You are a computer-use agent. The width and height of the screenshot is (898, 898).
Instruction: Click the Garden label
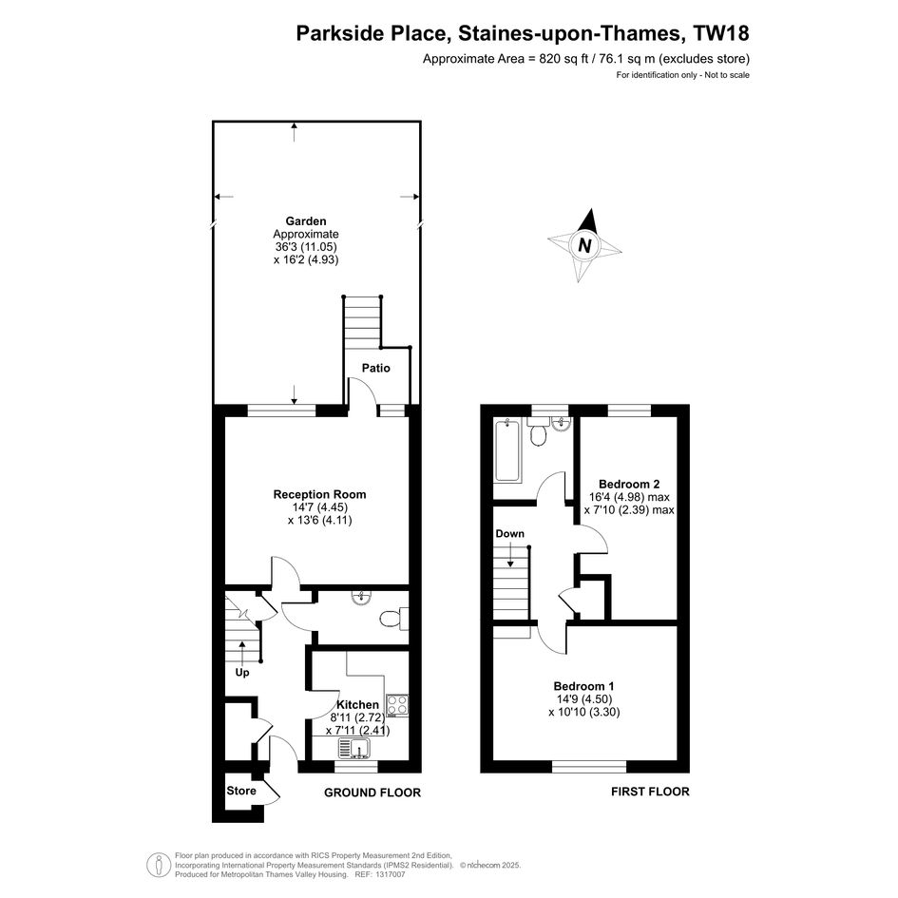pos(306,221)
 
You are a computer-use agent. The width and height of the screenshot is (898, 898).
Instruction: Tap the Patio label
pos(375,369)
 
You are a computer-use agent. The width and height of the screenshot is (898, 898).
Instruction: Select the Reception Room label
pos(319,494)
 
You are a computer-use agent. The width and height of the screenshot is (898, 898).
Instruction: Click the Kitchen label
pos(357,704)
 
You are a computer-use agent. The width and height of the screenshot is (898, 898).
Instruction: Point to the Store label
pos(241,791)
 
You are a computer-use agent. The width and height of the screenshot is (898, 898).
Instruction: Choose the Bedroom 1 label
pos(584,686)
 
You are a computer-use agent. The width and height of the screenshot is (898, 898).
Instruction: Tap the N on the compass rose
pos(584,246)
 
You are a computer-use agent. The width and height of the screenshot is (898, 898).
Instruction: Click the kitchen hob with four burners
pos(397,705)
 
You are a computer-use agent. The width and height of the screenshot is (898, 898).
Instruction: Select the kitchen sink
pos(354,748)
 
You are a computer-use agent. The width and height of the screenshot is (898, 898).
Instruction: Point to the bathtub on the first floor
pos(508,450)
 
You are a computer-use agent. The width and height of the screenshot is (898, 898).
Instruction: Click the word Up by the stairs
pos(242,673)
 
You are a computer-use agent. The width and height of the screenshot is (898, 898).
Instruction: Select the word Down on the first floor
pos(509,534)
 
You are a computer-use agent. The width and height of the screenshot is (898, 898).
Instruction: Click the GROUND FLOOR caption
pos(373,793)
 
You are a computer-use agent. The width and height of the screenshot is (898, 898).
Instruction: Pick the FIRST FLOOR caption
pos(650,792)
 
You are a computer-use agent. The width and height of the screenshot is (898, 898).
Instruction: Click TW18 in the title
pos(721,33)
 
